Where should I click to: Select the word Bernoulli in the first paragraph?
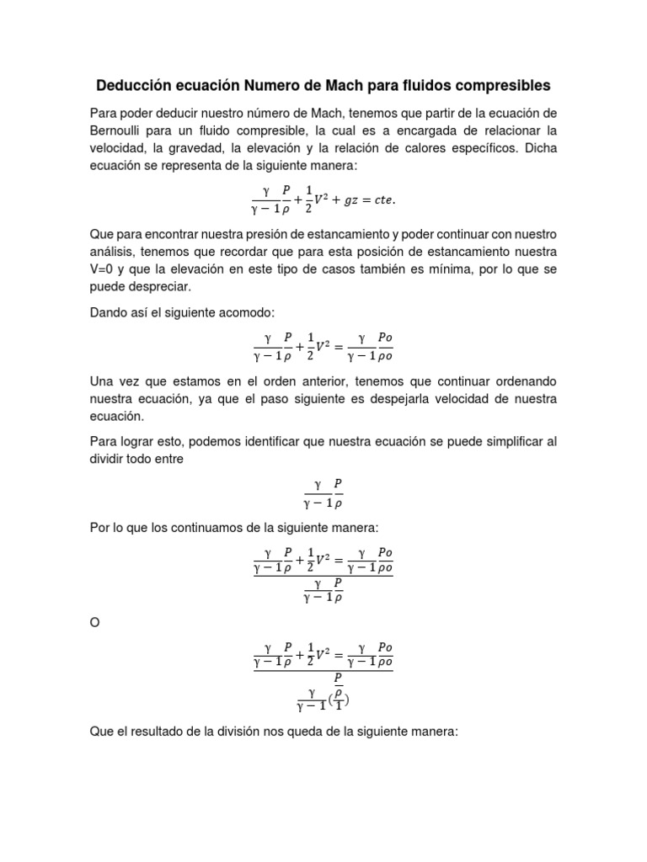click(x=120, y=130)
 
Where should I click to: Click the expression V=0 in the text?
click(x=104, y=269)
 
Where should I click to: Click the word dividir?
click(x=110, y=459)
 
